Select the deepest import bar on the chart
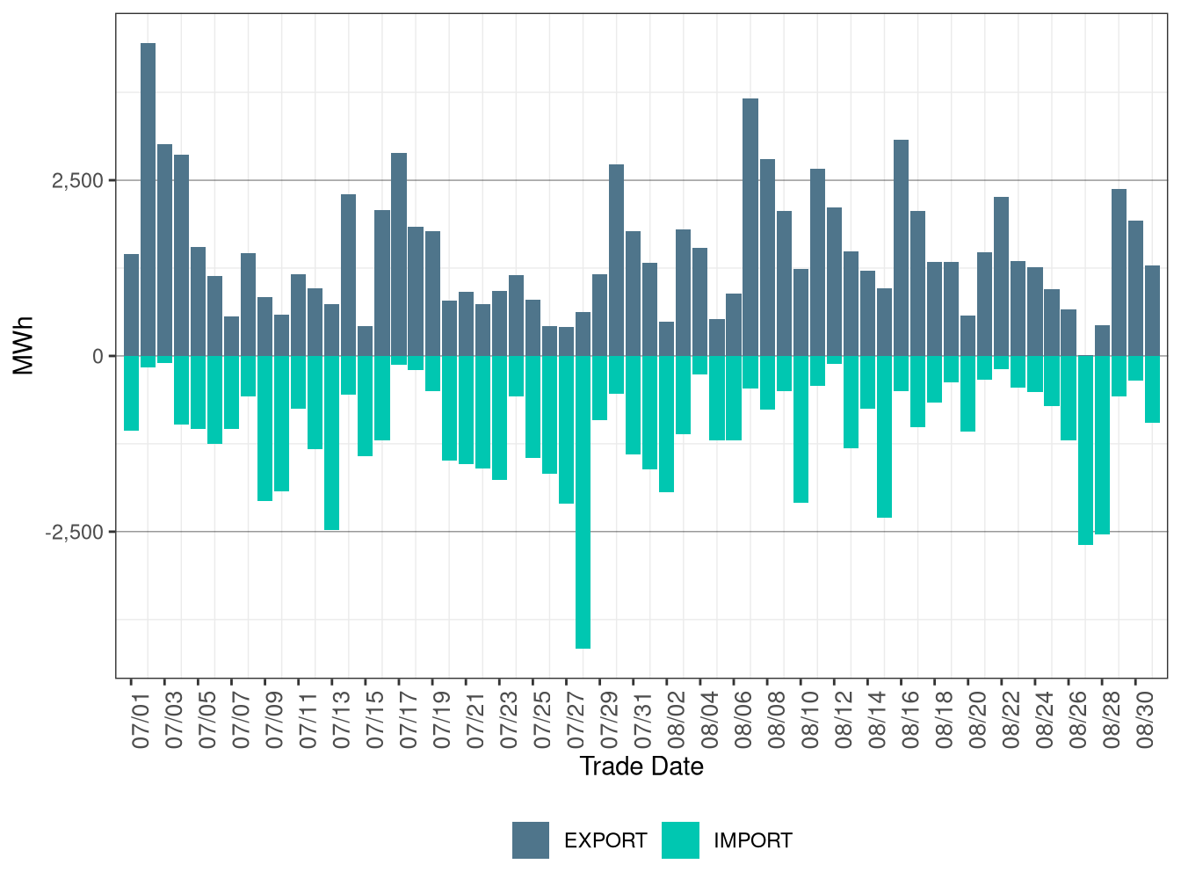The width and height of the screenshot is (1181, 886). pos(583,502)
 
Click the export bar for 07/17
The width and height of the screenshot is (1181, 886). pos(399,255)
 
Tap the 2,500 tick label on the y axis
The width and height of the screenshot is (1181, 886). pos(77,181)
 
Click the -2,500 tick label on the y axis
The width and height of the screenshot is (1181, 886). pos(75,533)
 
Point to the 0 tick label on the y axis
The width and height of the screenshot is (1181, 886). pos(98,357)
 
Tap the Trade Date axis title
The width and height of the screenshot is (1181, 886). pos(641,766)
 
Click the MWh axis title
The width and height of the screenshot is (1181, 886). pos(24,345)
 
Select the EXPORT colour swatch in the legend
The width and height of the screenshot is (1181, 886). pos(531,840)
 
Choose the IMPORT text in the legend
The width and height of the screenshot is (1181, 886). pos(752,841)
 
